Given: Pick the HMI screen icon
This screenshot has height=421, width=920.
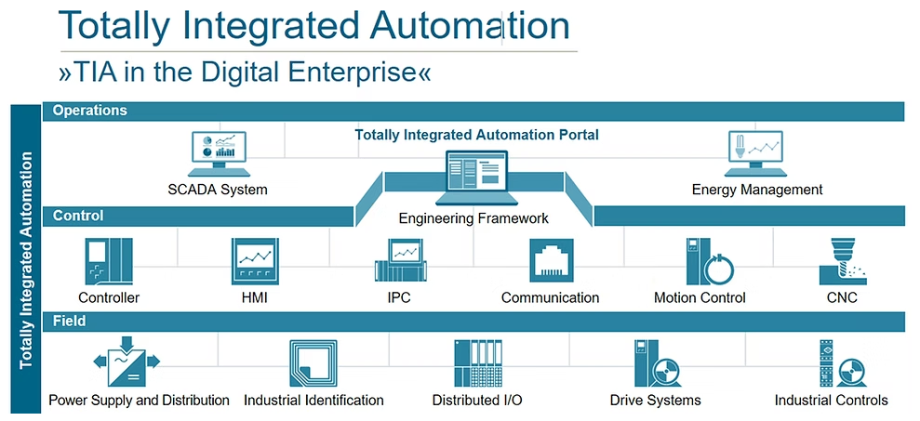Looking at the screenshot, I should (x=255, y=261).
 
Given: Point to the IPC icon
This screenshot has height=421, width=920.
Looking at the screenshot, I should (x=399, y=261).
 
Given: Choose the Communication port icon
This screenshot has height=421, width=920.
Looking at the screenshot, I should (x=551, y=261).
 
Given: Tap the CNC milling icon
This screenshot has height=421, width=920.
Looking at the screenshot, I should (x=841, y=261).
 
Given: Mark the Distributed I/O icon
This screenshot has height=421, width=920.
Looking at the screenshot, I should (x=478, y=363).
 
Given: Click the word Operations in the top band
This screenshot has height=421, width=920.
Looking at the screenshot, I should (x=90, y=111).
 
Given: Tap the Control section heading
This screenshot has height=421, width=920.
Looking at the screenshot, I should (x=78, y=217).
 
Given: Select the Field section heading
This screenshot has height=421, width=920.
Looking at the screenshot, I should (x=70, y=322).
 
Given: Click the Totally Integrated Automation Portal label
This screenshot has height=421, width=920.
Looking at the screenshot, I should (x=476, y=135).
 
